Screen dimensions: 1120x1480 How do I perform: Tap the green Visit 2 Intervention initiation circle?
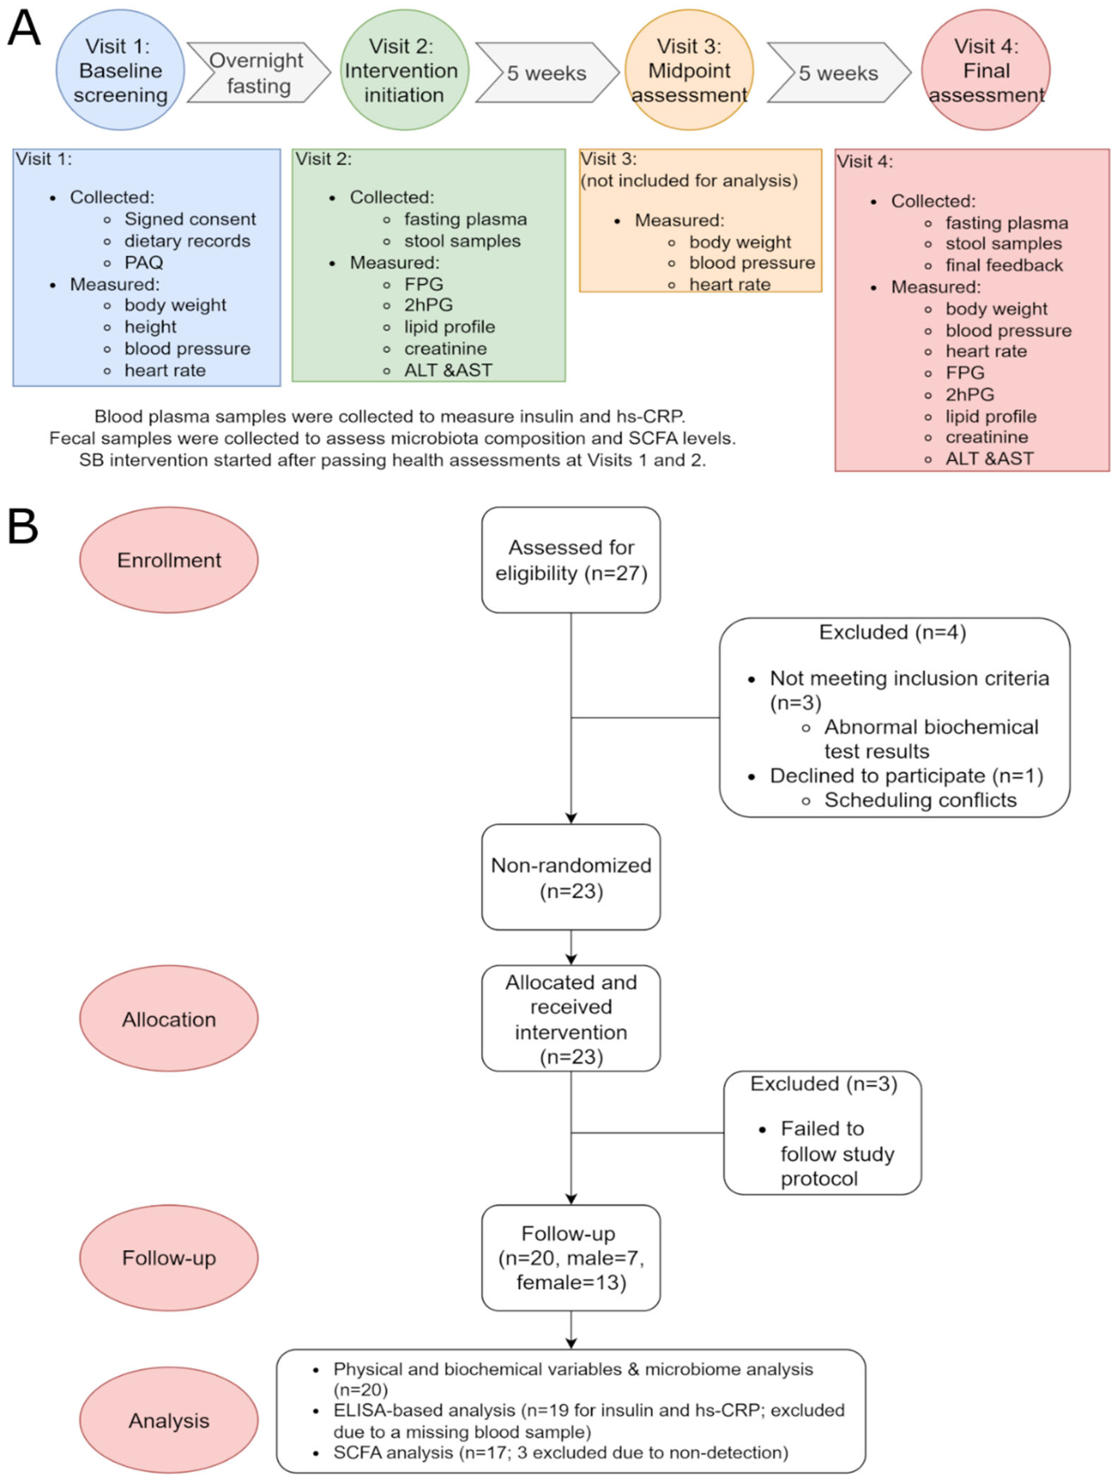(404, 70)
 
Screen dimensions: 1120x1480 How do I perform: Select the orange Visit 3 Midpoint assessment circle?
(689, 70)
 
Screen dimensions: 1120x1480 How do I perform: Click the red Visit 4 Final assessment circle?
(985, 70)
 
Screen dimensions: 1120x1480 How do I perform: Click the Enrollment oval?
(169, 560)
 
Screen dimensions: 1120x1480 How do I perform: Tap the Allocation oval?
(169, 1019)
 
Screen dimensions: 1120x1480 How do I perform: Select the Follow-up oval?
(169, 1258)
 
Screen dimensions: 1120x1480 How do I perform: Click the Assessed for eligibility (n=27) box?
(571, 560)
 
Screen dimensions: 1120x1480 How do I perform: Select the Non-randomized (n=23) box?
(571, 877)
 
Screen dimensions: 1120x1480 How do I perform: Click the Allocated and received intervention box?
(571, 1018)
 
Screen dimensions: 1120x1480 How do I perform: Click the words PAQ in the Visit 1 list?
(144, 262)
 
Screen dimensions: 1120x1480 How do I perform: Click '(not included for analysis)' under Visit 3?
(689, 181)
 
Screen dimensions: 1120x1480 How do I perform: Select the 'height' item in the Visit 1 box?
(151, 327)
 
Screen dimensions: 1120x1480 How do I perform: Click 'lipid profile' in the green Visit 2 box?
(450, 327)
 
